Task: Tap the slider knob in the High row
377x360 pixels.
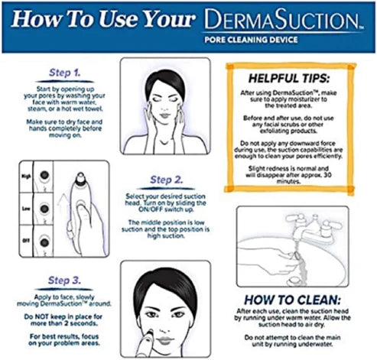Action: [45, 177]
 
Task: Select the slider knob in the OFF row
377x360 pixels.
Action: [45, 241]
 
